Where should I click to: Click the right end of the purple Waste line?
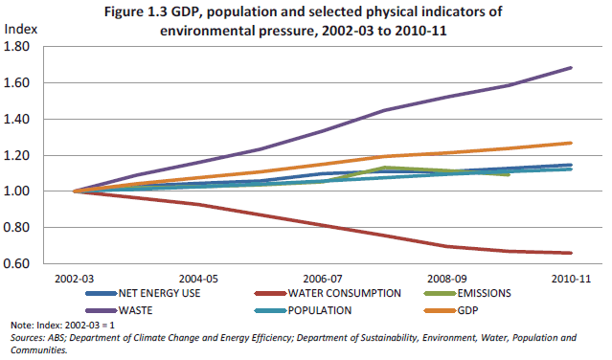(x=572, y=68)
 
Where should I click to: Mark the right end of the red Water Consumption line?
(x=572, y=253)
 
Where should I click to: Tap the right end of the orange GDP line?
(x=572, y=143)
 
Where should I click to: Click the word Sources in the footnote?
(x=26, y=339)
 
